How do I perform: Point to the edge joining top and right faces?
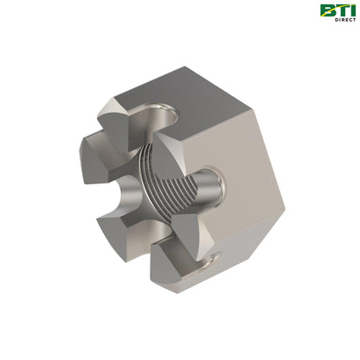(x=251, y=129)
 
